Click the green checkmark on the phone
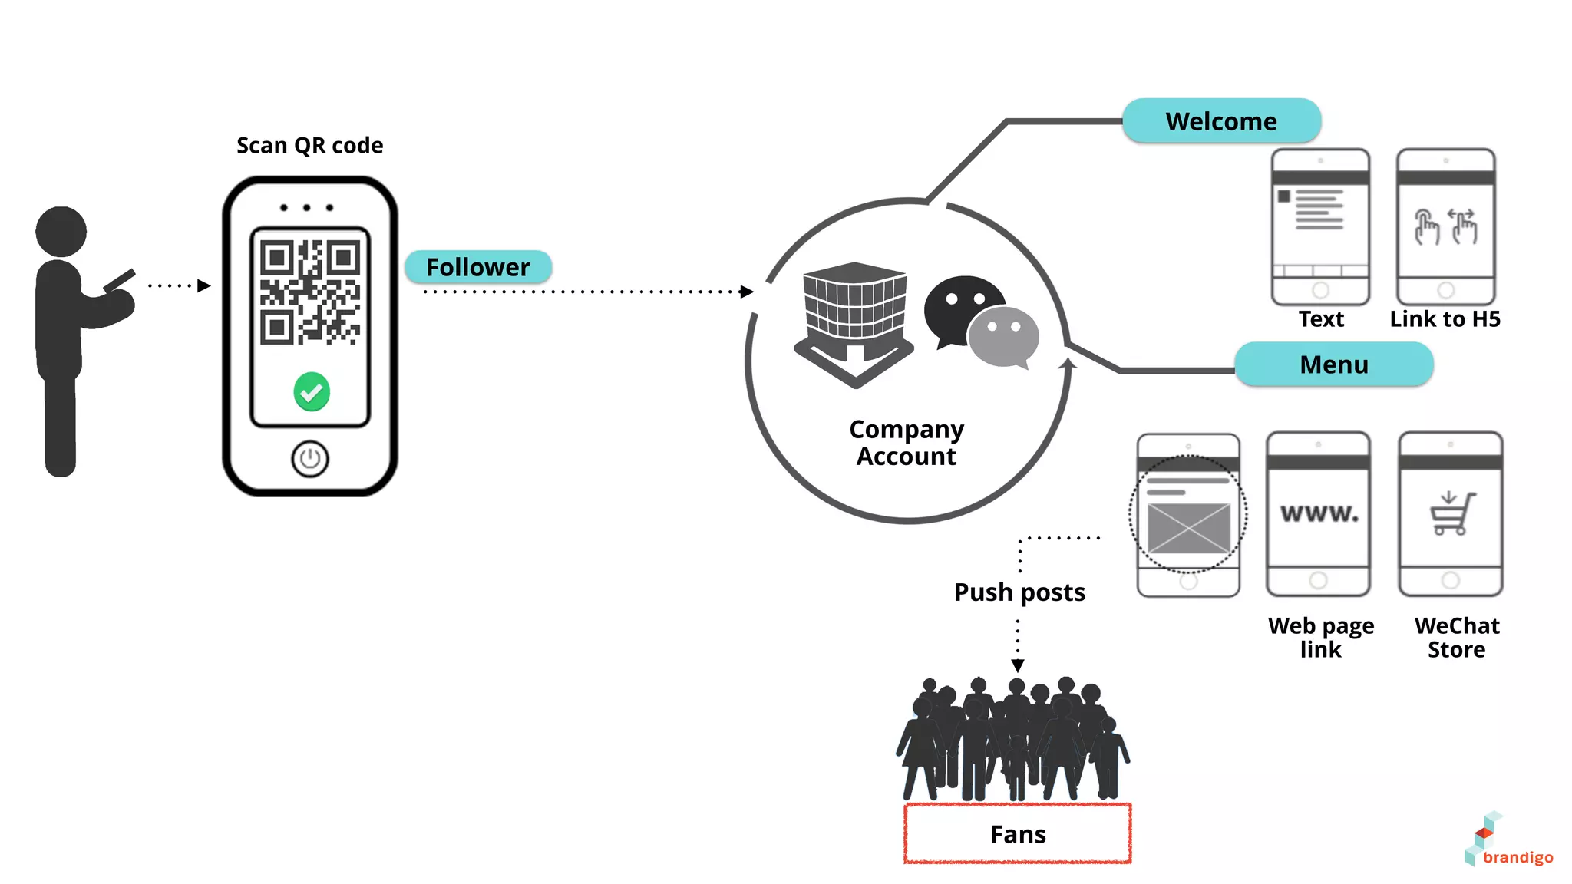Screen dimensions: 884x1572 312,392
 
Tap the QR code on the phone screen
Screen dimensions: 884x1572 310,292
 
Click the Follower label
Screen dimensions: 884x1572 477,267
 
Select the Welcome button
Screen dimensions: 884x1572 1221,121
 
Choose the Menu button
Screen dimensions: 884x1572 1333,364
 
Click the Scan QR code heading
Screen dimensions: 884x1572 309,145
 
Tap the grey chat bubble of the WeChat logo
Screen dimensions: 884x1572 1003,336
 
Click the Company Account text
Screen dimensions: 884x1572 907,443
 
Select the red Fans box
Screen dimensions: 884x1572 1018,833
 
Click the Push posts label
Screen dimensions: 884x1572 1019,592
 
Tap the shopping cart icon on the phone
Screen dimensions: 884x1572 1451,513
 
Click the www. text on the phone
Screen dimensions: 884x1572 1319,513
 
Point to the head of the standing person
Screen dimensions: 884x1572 61,231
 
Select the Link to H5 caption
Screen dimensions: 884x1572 1445,318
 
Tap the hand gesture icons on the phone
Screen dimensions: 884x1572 1445,226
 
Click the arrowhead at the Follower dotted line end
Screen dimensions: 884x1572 746,292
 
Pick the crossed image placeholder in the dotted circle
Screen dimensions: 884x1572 1188,527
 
